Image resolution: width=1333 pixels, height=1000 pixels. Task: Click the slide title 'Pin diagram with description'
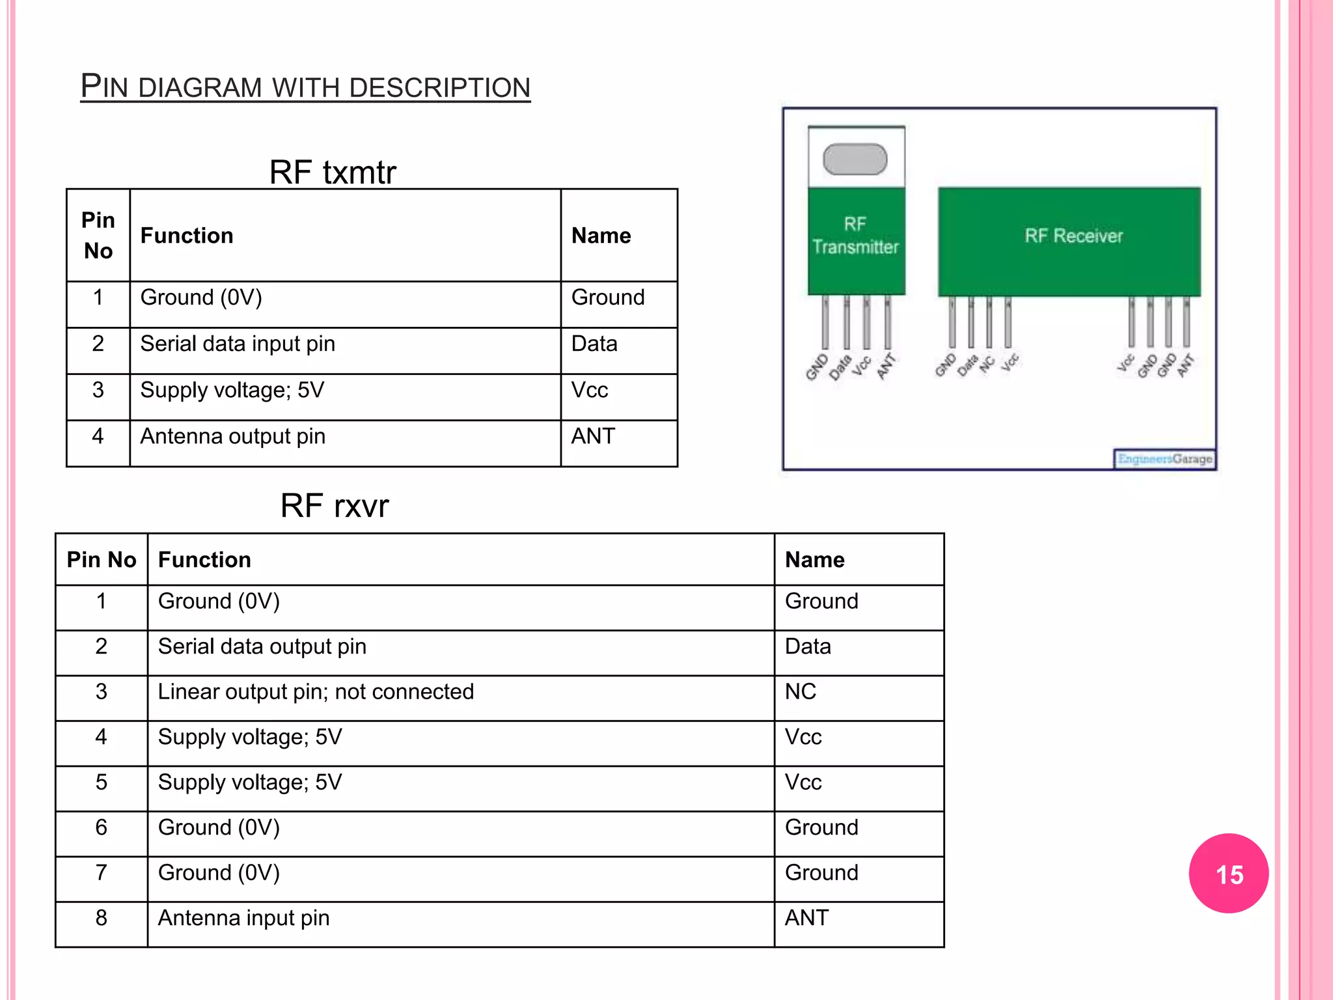coord(305,87)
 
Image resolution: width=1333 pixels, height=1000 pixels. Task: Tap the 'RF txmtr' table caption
coord(333,173)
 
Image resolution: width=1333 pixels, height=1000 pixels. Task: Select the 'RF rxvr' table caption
coord(335,506)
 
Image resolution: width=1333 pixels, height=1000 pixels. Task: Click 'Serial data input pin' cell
coord(238,344)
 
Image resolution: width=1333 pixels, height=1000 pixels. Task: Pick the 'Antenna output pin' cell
coord(232,436)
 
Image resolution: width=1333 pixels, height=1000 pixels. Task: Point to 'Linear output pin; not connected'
coord(316,691)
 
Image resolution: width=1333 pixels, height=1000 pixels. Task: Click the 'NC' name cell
coord(801,691)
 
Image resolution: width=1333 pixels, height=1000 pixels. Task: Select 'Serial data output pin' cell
coord(262,646)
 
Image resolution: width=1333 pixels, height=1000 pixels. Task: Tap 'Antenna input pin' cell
coord(243,918)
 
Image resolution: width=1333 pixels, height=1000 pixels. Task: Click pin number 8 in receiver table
coord(101,918)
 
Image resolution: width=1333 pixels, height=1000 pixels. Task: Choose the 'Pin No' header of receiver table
coord(102,560)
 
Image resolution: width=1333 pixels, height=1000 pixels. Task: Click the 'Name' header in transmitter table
coord(601,236)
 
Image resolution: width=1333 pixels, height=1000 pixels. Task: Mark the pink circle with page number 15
coord(1228,874)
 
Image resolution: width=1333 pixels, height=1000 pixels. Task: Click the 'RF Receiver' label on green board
coord(1073,236)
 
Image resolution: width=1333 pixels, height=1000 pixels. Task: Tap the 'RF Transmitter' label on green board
coord(855,236)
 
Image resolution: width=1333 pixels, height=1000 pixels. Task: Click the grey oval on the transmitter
coord(855,160)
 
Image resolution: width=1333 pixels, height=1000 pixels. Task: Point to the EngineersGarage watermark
coord(1164,459)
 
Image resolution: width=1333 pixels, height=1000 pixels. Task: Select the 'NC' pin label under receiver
coord(987,365)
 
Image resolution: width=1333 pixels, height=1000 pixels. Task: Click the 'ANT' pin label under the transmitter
coord(886,366)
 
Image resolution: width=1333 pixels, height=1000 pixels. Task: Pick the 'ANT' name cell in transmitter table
coord(593,436)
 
